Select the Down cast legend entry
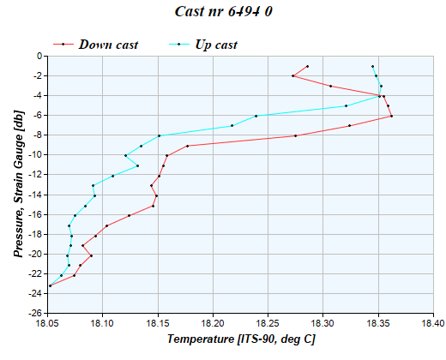(x=108, y=45)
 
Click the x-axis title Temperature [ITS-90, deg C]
(x=240, y=340)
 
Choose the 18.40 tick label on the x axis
(x=433, y=323)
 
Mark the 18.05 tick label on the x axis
(x=47, y=323)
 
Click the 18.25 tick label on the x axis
(x=268, y=323)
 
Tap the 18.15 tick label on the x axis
(x=158, y=323)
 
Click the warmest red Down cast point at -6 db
(x=391, y=116)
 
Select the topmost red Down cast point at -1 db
(x=307, y=66)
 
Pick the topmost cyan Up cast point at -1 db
(x=372, y=66)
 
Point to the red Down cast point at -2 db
(x=292, y=75)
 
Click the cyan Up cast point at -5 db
(x=346, y=105)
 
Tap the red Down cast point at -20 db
(x=91, y=255)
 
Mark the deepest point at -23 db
(x=50, y=285)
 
